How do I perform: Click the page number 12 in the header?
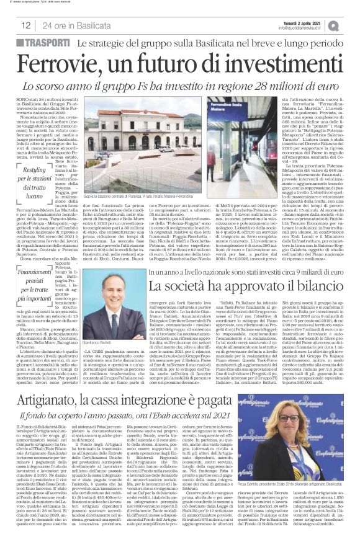[26, 25]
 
